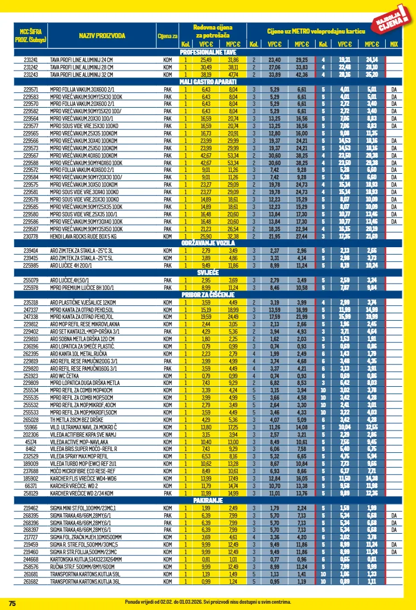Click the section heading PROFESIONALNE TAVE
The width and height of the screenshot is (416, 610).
[208, 52]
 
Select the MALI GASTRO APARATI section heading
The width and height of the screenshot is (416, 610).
[208, 82]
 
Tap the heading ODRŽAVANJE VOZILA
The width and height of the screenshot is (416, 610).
[208, 243]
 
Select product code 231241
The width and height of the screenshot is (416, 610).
[30, 60]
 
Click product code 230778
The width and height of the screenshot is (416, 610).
[30, 236]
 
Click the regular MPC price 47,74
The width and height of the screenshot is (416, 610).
[233, 75]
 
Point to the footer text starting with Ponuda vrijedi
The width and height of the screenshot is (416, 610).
[208, 602]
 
